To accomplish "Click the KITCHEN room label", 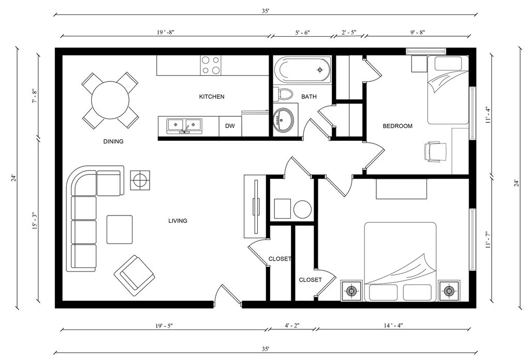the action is (x=212, y=97).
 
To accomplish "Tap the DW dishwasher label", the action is (x=230, y=126).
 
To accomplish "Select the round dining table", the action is (x=111, y=100).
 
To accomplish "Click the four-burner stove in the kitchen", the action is (x=211, y=65).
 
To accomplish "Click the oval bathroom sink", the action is (x=283, y=120).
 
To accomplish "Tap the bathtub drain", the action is (x=320, y=70).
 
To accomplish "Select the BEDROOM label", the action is (x=397, y=126).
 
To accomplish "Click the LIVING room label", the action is (x=178, y=221).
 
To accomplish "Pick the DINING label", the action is (x=113, y=141).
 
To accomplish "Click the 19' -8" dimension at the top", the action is (x=166, y=33).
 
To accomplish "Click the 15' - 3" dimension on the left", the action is (x=35, y=222).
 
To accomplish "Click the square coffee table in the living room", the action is (x=120, y=229).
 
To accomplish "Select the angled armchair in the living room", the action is (x=134, y=276).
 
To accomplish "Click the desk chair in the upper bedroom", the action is (x=435, y=153).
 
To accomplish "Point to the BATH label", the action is (x=309, y=97).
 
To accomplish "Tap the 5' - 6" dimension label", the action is (x=302, y=33).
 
